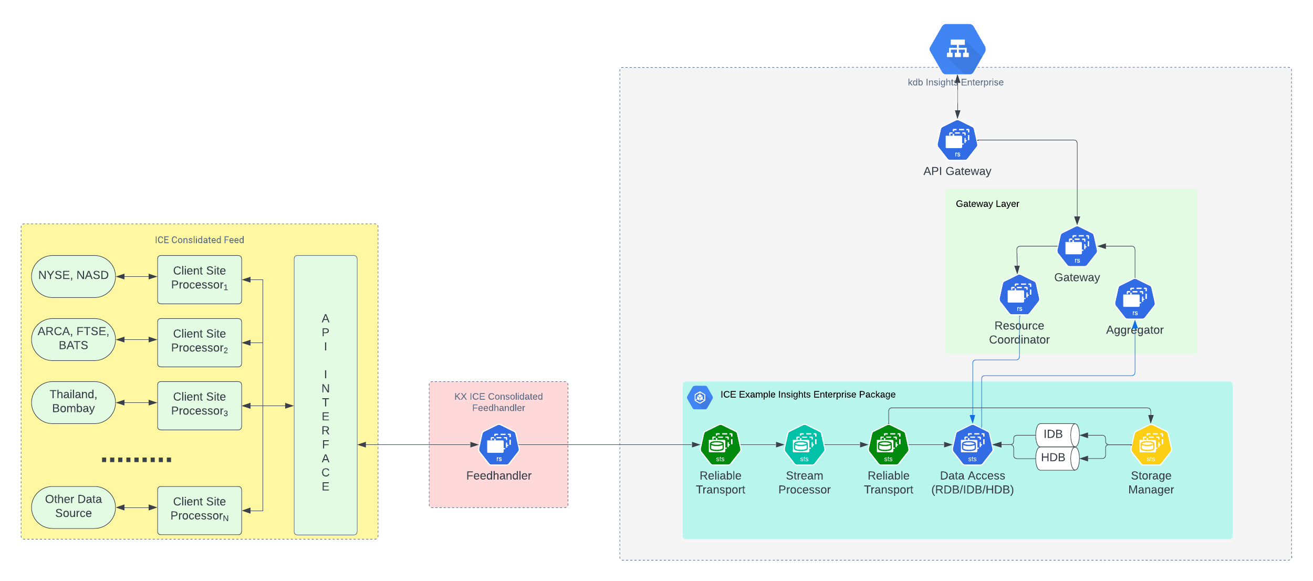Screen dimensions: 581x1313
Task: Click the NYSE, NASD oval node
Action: point(74,276)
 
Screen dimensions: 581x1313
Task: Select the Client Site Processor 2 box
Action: point(200,342)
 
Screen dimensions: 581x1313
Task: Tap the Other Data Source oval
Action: point(74,507)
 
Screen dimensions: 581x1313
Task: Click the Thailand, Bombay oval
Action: point(74,402)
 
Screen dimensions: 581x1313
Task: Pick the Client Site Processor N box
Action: point(200,510)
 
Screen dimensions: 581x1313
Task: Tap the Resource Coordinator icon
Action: point(1019,295)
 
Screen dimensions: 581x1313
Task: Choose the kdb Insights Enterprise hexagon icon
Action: point(957,49)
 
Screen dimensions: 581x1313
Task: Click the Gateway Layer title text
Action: point(987,204)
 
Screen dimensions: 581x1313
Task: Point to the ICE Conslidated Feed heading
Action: point(199,240)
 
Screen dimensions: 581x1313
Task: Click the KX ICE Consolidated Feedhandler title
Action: point(498,402)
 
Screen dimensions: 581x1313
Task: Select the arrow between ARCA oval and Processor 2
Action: point(137,340)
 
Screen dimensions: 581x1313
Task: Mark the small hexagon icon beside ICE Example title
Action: point(700,398)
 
